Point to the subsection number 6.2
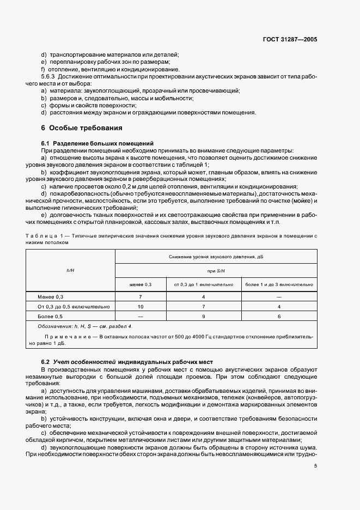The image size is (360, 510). point(46,362)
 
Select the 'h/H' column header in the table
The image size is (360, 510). point(70,269)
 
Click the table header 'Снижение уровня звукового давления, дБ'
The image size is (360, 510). point(216,255)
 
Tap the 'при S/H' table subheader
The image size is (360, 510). point(216,270)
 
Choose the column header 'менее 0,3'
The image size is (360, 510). point(140,284)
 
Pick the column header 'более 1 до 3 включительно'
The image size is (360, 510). point(279,284)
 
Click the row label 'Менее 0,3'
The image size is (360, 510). point(51,296)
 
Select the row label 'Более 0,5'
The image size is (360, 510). point(51,316)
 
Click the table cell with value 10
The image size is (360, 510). point(140,306)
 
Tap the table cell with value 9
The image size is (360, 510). point(203,316)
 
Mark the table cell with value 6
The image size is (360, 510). point(279,316)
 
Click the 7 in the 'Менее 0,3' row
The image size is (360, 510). point(140,296)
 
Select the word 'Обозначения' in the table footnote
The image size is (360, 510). point(56,326)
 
